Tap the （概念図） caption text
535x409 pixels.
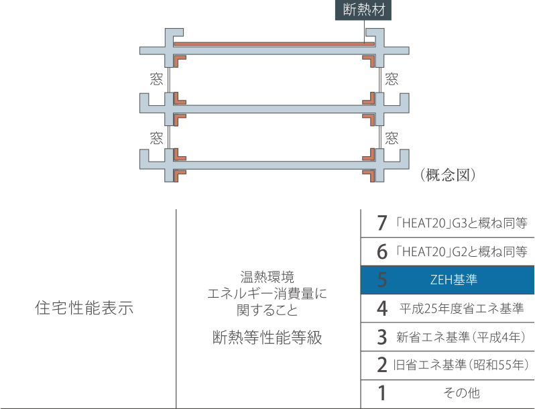[448, 175]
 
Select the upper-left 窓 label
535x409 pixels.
[156, 78]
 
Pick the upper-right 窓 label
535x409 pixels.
[392, 78]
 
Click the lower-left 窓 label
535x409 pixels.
[156, 138]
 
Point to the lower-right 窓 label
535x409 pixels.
[392, 138]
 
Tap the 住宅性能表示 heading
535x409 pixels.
[84, 309]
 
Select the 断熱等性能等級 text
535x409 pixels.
[267, 338]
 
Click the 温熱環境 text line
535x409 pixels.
[267, 276]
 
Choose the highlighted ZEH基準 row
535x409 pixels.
[448, 280]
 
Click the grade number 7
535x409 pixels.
[382, 223]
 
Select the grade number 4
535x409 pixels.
[382, 308]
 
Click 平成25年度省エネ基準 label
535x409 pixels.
[461, 308]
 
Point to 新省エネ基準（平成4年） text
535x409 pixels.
[461, 337]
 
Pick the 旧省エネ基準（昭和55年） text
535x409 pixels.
[461, 365]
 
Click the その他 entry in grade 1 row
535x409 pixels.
[461, 394]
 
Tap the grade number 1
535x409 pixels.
[382, 394]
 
